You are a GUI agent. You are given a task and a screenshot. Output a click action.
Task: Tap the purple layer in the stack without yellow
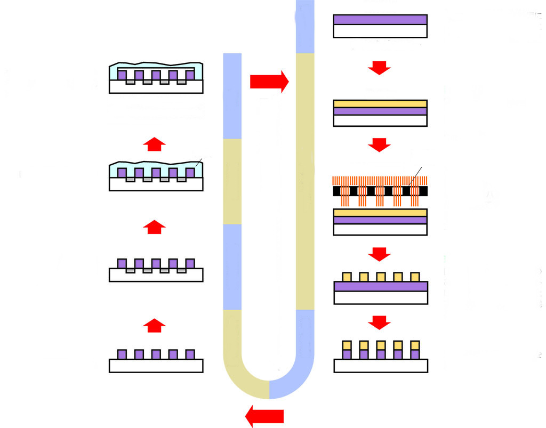tap(380, 19)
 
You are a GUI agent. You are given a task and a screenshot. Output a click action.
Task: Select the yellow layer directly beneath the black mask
tap(380, 213)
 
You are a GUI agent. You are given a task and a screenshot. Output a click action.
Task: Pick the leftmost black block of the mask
tap(338, 191)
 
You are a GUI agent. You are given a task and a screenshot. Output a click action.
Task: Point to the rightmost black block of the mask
tap(423, 191)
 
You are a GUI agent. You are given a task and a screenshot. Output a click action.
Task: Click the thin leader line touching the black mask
tap(416, 176)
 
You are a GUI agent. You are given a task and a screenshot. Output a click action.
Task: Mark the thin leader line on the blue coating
tap(198, 162)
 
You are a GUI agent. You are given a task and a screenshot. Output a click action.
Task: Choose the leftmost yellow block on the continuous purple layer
tap(347, 277)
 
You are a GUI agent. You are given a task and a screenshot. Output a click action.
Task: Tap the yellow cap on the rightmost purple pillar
tap(415, 344)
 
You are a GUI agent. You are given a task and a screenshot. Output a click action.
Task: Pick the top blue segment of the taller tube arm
tap(305, 27)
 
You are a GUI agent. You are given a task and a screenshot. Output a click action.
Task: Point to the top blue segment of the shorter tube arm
tap(232, 96)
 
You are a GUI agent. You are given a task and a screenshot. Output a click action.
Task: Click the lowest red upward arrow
tap(155, 325)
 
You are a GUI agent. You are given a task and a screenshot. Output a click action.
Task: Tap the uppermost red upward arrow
tap(155, 144)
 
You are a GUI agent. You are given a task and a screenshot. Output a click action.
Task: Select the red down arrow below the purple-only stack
tap(380, 68)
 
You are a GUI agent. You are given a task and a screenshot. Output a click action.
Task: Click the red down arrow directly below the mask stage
tap(380, 254)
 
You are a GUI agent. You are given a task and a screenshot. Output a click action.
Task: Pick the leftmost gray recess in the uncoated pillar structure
tap(130, 271)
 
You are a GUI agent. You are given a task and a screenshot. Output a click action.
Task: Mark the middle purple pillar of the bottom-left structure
tap(156, 354)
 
